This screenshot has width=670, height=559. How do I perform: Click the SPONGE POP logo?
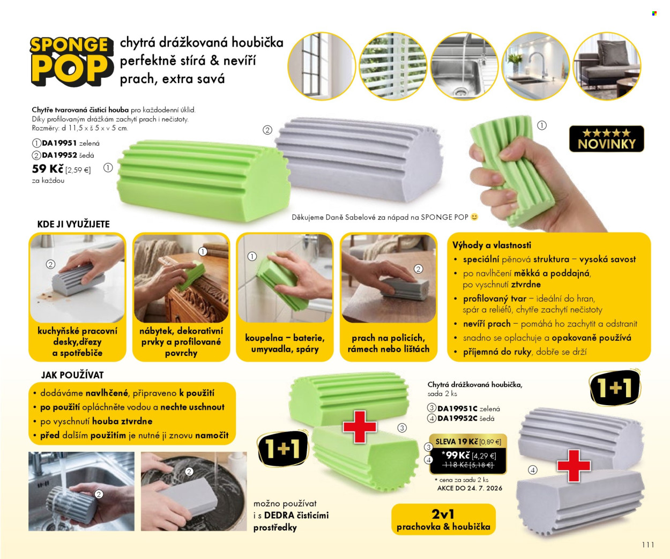pyautogui.click(x=72, y=61)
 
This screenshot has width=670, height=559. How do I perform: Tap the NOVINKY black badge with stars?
pyautogui.click(x=606, y=139)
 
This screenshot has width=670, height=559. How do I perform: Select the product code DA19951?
pyautogui.click(x=59, y=143)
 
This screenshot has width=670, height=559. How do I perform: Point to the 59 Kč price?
pyautogui.click(x=48, y=168)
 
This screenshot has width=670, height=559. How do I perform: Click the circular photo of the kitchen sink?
pyautogui.click(x=464, y=66)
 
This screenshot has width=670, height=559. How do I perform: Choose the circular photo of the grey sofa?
pyautogui.click(x=607, y=66)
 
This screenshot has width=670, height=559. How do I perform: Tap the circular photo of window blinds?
pyautogui.click(x=393, y=66)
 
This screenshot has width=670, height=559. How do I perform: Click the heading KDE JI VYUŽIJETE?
pyautogui.click(x=73, y=224)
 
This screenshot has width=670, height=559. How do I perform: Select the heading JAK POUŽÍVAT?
pyautogui.click(x=72, y=375)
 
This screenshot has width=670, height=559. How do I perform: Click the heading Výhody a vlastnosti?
pyautogui.click(x=492, y=245)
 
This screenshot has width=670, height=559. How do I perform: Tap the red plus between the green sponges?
pyautogui.click(x=359, y=427)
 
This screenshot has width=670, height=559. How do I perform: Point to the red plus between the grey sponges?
pyautogui.click(x=574, y=466)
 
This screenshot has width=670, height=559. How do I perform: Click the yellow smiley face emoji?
pyautogui.click(x=474, y=217)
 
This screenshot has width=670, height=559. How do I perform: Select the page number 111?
pyautogui.click(x=648, y=545)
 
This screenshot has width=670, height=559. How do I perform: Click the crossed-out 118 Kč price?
pyautogui.click(x=468, y=465)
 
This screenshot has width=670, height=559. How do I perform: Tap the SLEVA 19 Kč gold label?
pyautogui.click(x=468, y=442)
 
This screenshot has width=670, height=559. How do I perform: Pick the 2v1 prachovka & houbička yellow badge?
pyautogui.click(x=443, y=519)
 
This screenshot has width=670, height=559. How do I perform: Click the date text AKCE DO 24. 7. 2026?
pyautogui.click(x=470, y=488)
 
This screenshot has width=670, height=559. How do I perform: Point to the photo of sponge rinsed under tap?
pyautogui.click(x=81, y=491)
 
